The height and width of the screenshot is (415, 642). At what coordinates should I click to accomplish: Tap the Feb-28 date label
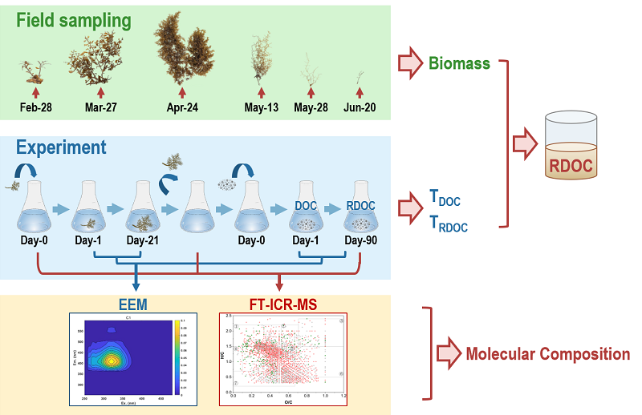(x=35, y=107)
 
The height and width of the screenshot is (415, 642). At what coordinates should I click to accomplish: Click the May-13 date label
(x=261, y=107)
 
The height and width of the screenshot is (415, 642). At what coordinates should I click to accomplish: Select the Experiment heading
(x=61, y=147)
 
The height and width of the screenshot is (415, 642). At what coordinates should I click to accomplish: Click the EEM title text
(x=127, y=304)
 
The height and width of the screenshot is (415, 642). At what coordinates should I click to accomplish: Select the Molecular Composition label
(x=548, y=354)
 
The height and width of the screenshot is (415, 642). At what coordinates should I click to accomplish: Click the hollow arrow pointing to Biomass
(x=409, y=62)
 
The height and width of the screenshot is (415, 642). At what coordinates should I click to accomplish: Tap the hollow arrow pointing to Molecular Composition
(x=448, y=353)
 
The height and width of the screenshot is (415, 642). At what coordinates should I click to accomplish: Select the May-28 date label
(x=312, y=107)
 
